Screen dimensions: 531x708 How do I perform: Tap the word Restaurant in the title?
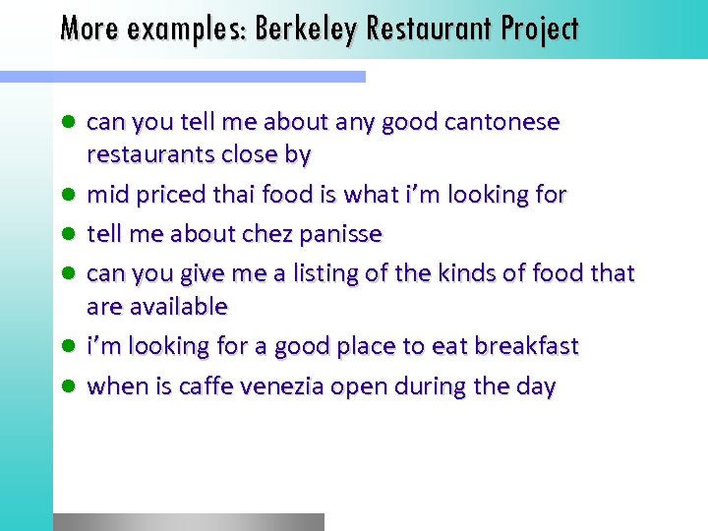430,29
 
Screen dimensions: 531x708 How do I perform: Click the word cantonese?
501,123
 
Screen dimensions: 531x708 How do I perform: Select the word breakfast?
526,346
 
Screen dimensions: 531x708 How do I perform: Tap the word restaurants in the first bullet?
145,155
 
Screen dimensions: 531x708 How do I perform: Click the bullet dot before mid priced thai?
68,195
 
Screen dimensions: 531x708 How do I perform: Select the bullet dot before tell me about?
68,234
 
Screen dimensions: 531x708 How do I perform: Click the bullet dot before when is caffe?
68,386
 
